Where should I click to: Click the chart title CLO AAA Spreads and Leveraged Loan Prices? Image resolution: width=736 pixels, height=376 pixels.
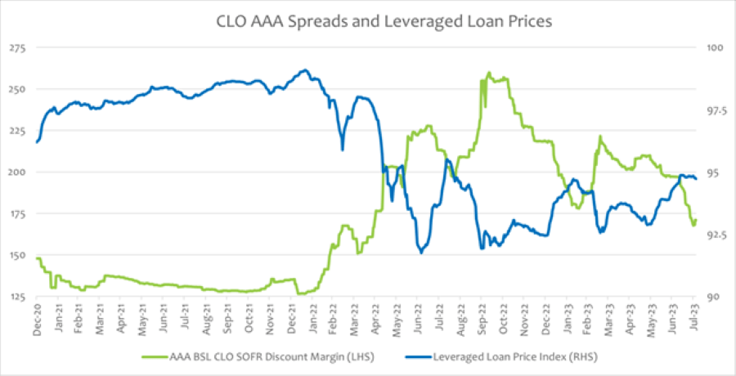368,20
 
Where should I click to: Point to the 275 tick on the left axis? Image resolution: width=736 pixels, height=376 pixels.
17,48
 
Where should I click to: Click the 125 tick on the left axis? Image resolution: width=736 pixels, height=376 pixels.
17,297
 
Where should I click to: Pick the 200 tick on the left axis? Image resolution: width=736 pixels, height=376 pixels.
17,172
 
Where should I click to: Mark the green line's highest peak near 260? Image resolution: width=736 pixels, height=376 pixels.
489,73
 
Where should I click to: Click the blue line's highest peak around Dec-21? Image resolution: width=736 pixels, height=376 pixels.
304,70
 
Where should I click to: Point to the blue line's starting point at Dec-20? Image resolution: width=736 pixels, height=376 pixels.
37,142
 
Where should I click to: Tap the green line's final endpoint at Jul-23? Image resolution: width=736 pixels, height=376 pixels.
695,219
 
